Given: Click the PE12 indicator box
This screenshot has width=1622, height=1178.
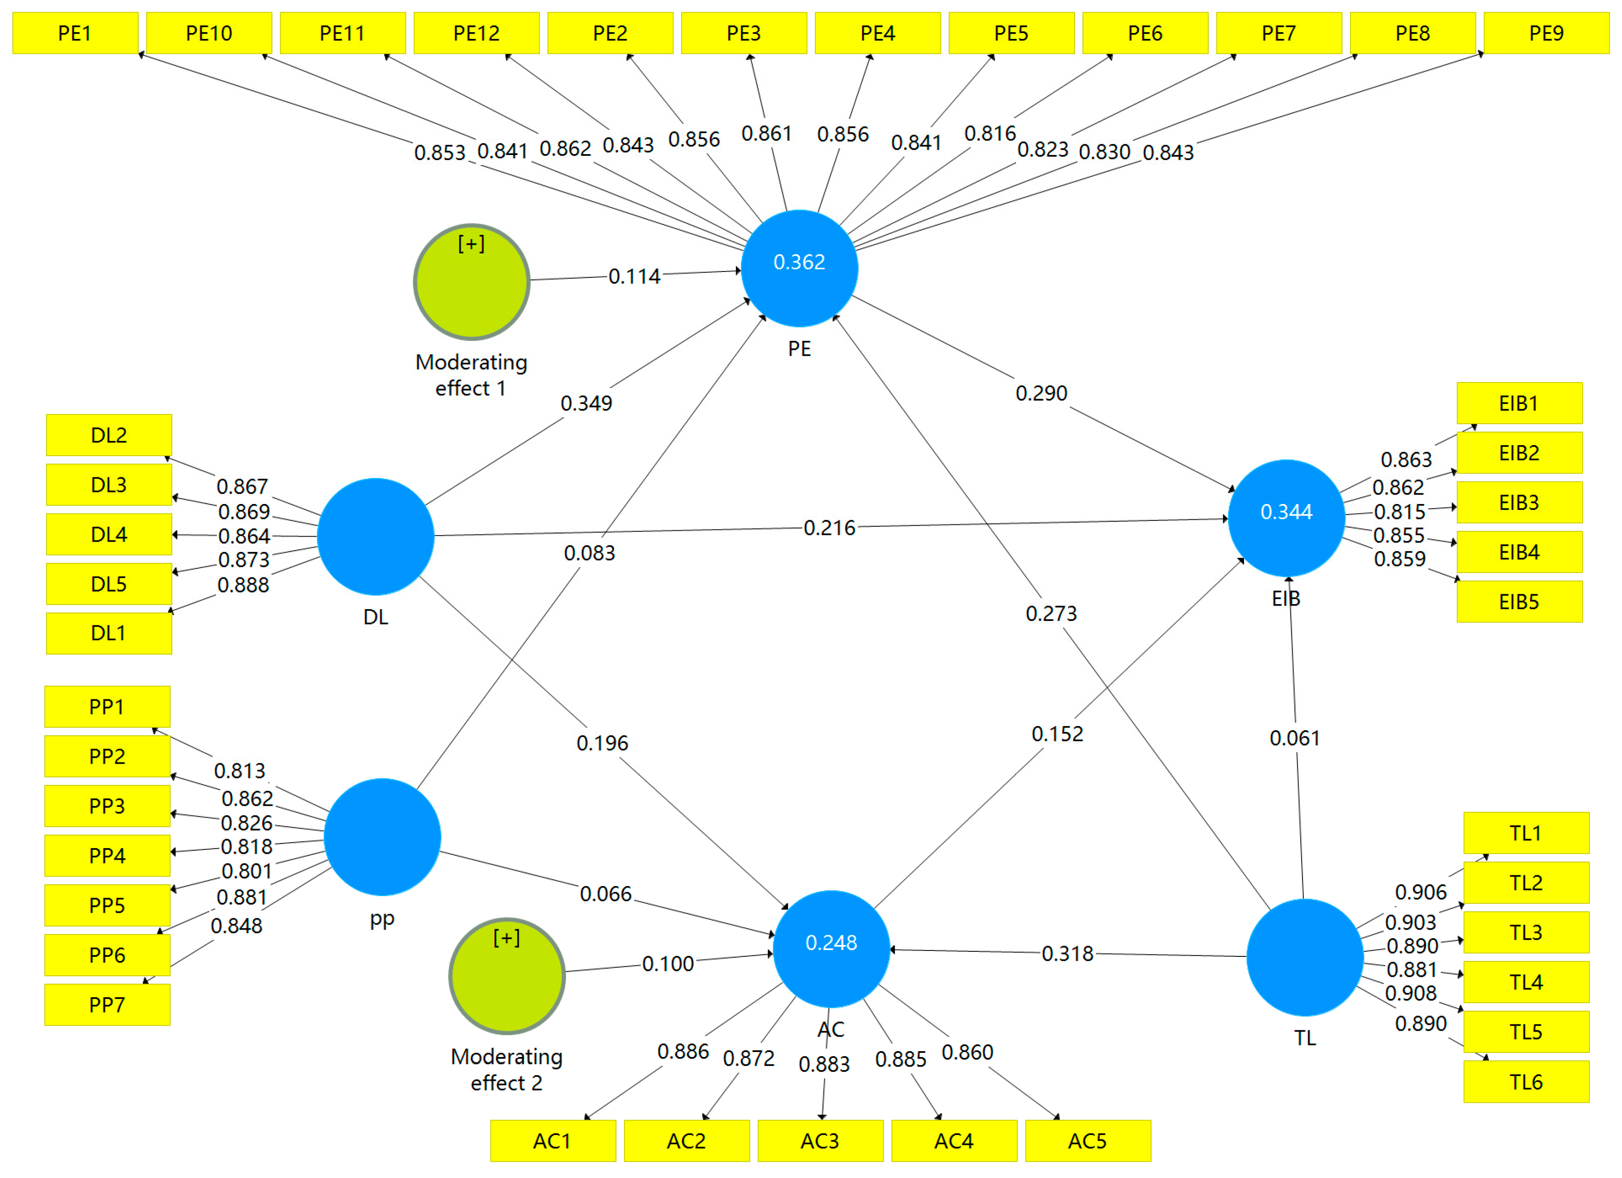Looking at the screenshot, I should (x=476, y=33).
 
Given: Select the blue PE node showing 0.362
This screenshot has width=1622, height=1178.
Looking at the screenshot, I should (x=799, y=268).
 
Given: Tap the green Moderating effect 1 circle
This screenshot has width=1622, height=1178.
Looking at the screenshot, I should (x=471, y=282).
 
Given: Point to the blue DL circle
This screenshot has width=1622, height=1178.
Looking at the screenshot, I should (x=375, y=537).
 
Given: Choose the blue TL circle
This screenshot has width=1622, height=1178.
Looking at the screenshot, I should (x=1304, y=957).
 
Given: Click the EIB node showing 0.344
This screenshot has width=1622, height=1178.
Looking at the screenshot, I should (x=1286, y=518).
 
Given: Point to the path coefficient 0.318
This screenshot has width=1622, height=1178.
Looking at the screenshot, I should (x=1067, y=954).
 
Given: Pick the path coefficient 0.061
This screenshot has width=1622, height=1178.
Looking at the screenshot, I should (x=1294, y=738).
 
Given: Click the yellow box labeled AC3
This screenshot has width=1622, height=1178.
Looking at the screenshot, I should (x=819, y=1141).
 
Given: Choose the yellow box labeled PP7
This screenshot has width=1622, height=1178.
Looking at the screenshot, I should (x=107, y=1005).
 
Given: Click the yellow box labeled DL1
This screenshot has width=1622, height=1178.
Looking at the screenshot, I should (x=109, y=633).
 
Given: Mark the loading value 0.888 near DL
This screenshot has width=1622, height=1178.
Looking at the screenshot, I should (x=243, y=585).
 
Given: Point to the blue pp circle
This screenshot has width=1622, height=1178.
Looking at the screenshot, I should (x=382, y=837).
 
